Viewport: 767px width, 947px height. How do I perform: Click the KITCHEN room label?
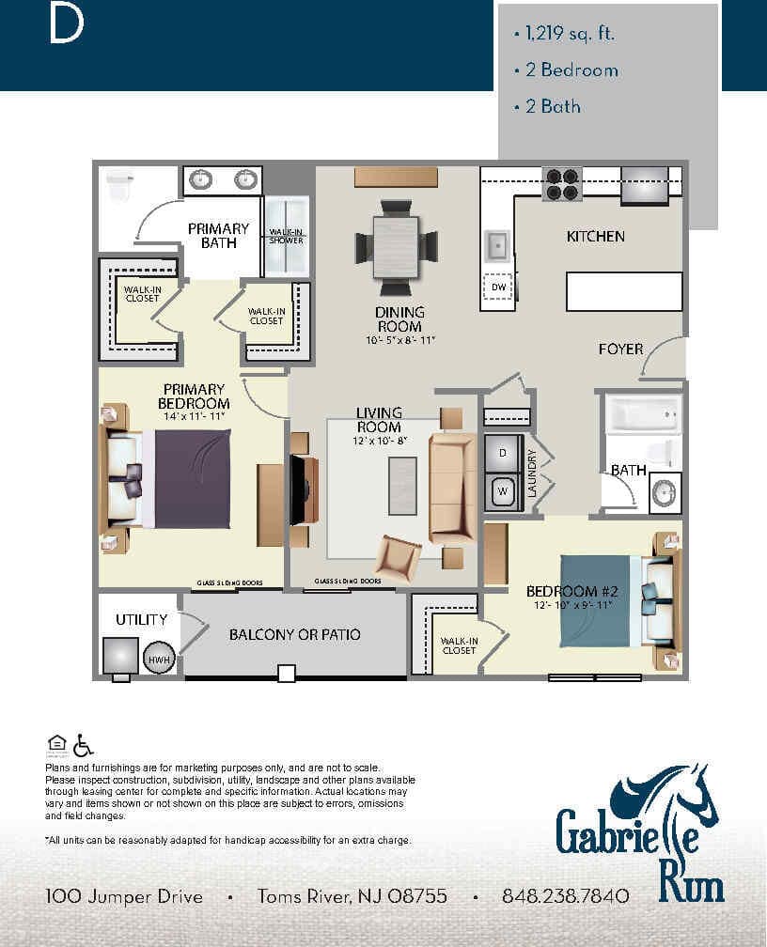[x=595, y=237]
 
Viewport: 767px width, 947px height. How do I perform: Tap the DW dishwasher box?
[x=498, y=287]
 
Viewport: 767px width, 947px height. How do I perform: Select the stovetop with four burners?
[x=562, y=184]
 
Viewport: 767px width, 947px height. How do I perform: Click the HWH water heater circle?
[x=158, y=660]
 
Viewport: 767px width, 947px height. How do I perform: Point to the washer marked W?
[x=502, y=490]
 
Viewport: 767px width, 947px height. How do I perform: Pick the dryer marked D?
[x=502, y=454]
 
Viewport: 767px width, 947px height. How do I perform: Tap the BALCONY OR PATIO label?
[x=294, y=635]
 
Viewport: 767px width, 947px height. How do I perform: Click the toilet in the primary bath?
[x=118, y=187]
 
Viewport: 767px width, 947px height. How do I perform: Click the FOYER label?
[x=620, y=349]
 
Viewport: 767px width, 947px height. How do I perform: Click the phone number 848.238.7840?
[x=566, y=896]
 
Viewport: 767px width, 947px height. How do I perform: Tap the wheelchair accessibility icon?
[x=83, y=745]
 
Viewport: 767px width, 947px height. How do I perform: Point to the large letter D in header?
[x=66, y=26]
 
